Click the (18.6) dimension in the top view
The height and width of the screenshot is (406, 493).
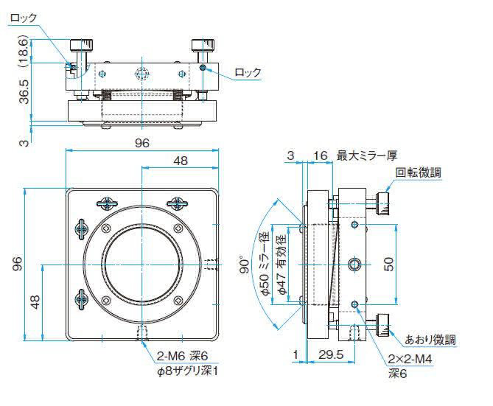[x=24, y=51]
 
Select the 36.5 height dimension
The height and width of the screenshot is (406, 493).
[x=24, y=91]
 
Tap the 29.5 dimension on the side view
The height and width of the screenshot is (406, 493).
[x=331, y=354]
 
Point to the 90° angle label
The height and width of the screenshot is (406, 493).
[x=245, y=265]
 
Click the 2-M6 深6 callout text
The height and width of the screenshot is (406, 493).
[x=182, y=357]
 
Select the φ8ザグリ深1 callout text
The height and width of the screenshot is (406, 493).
[x=187, y=371]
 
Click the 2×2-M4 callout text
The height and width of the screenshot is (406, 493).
[x=410, y=359]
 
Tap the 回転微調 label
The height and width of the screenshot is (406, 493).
[x=418, y=172]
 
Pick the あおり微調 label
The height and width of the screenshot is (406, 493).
[x=430, y=340]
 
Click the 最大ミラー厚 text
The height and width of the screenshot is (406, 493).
[x=367, y=155]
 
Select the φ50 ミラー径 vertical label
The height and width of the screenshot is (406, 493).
[x=265, y=264]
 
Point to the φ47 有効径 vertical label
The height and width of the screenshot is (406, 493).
[x=282, y=265]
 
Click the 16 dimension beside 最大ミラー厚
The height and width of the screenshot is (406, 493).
[x=321, y=155]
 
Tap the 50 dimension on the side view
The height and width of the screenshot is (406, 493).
[x=389, y=265]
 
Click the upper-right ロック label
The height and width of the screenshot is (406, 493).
[x=248, y=72]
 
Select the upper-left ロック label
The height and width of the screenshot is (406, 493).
[x=24, y=18]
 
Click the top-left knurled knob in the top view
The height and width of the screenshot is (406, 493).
[x=82, y=45]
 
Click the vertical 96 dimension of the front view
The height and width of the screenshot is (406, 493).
[x=18, y=265]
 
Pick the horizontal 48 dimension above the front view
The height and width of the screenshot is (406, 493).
[x=181, y=161]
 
